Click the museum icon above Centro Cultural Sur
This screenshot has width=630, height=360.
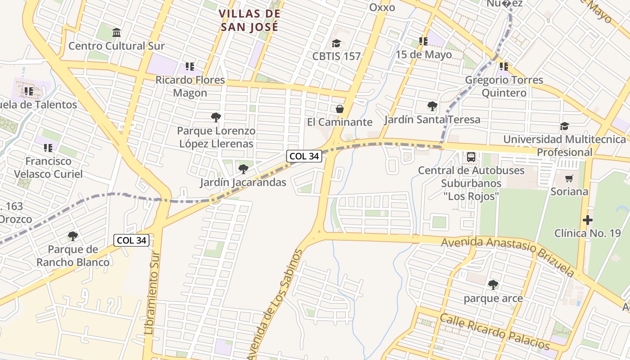117,32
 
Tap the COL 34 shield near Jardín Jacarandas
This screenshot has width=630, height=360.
304,156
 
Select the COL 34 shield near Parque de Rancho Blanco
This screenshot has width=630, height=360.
131,240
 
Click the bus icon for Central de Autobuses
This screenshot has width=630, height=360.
471,157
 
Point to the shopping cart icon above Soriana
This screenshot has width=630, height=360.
569,178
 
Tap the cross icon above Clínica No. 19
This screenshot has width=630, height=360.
587,220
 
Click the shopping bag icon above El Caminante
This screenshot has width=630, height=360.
340,109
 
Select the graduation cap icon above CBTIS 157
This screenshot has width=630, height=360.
336,43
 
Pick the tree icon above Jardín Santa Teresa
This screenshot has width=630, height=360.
432,106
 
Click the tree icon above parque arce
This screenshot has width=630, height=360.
493,285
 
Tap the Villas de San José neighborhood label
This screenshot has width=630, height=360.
250,20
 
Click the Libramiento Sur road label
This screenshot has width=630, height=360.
152,295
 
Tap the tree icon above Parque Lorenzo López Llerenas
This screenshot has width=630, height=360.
216,117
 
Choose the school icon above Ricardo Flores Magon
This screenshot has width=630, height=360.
189,67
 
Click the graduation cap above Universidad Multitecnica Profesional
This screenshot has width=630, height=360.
564,126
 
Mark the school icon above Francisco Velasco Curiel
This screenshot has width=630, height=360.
48,148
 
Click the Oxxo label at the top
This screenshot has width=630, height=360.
382,7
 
